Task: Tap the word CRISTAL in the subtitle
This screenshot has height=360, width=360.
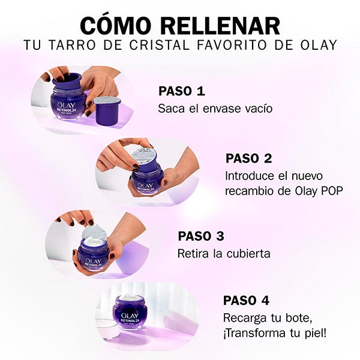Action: (160, 45)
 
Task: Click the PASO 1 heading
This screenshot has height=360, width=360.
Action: (182, 91)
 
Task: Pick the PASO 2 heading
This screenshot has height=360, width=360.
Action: (248, 158)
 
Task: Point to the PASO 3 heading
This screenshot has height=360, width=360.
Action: (201, 236)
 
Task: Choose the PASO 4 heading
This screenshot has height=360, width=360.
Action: (246, 301)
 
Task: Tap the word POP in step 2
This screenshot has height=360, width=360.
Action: (332, 191)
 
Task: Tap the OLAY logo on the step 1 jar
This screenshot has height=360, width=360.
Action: (66, 106)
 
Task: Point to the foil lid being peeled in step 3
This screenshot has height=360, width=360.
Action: (94, 232)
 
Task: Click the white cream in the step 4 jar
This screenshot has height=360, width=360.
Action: (130, 298)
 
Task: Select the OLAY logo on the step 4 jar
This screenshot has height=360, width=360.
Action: (130, 316)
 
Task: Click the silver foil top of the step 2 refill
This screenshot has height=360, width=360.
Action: (144, 156)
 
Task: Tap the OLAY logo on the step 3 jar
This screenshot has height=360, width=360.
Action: (93, 261)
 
